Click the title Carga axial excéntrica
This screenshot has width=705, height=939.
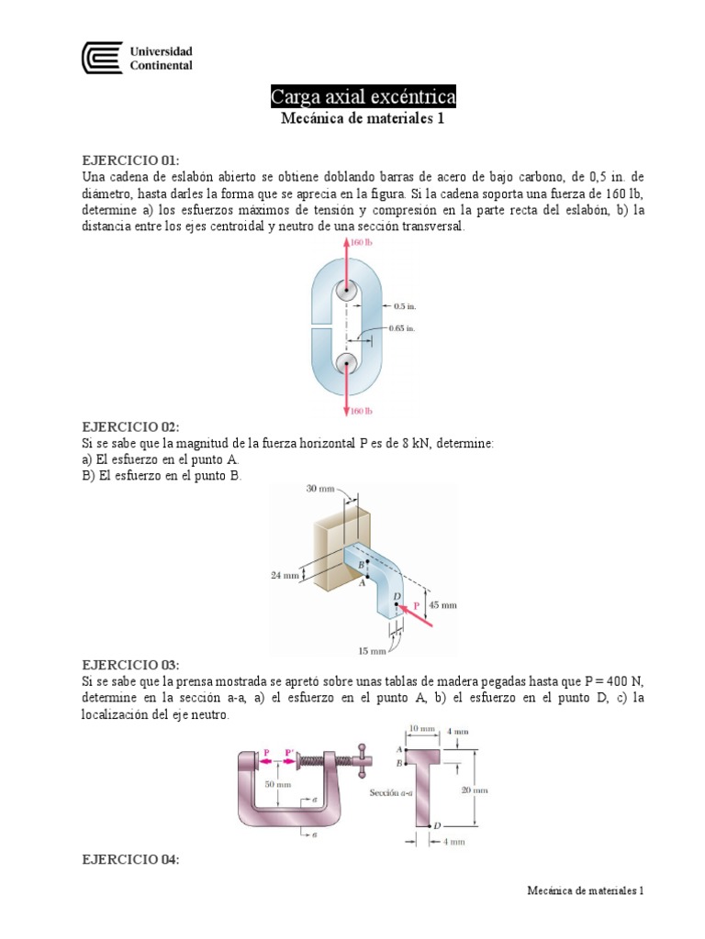click(363, 96)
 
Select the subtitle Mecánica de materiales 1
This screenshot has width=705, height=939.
click(362, 118)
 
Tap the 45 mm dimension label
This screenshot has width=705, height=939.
click(442, 605)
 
